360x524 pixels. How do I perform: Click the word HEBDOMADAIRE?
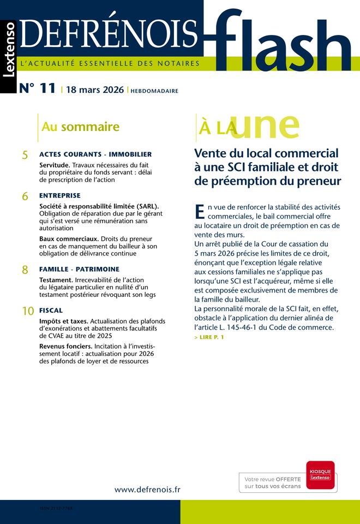point(154,91)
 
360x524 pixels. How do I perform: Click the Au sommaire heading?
point(80,127)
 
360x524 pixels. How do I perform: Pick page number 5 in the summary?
point(25,155)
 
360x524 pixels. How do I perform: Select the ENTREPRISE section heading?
point(60,195)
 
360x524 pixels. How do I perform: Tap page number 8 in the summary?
point(25,270)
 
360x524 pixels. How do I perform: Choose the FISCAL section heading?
point(51,311)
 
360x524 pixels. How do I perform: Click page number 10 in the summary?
point(28,311)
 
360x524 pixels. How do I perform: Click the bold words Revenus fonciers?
point(65,346)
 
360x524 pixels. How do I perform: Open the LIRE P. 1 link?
point(209,337)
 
